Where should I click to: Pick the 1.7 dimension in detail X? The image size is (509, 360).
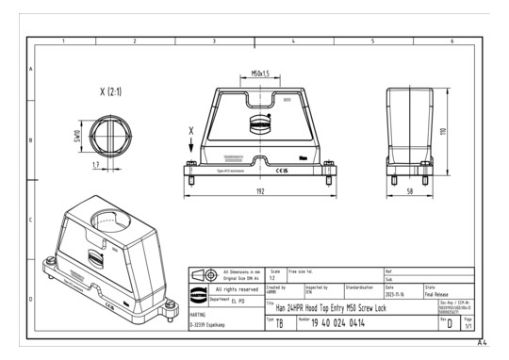coord(96,164)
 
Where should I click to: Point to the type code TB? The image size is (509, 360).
coord(279,323)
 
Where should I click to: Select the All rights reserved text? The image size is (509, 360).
coord(236,289)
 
